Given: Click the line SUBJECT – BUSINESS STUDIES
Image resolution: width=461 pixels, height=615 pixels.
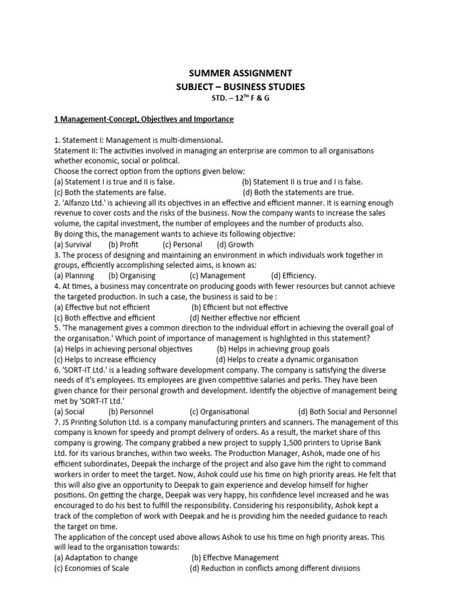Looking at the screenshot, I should (x=240, y=87).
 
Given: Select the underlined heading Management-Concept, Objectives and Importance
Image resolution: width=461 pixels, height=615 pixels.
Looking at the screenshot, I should (x=143, y=120).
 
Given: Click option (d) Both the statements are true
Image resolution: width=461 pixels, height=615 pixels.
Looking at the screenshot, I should (x=298, y=193).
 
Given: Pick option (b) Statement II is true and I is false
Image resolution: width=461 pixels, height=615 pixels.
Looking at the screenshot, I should (x=302, y=182).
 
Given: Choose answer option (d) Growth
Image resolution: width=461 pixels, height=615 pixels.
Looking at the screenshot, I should (x=235, y=244).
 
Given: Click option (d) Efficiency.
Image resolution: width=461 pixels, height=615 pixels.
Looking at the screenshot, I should (x=294, y=276).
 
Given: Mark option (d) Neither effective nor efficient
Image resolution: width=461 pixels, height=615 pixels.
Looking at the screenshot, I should (x=245, y=318).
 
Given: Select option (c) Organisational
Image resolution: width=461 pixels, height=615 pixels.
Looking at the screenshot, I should (x=219, y=411).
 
